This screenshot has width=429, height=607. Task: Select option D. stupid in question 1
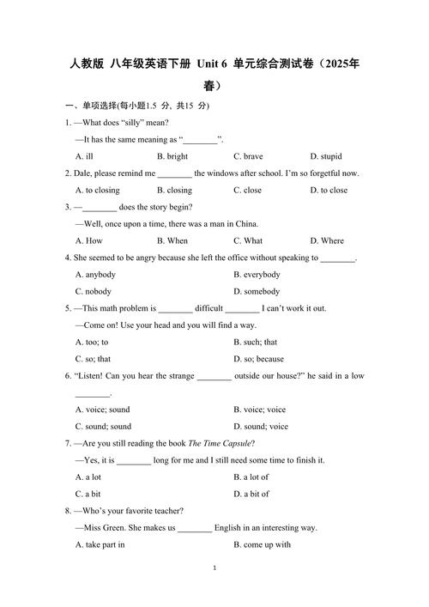[325, 156]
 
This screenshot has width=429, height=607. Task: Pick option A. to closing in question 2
[98, 190]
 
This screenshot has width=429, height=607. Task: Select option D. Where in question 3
[327, 240]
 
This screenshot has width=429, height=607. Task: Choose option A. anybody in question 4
[95, 274]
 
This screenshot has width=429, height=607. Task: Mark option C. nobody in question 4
[94, 291]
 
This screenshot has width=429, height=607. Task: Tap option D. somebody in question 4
[257, 291]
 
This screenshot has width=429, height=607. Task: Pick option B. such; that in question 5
[255, 342]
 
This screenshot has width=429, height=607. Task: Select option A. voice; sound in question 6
[103, 410]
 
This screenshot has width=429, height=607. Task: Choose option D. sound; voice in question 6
[261, 427]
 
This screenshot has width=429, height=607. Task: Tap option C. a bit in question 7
[88, 494]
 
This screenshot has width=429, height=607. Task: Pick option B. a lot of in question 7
[251, 476]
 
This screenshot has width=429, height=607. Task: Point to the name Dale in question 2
[83, 173]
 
